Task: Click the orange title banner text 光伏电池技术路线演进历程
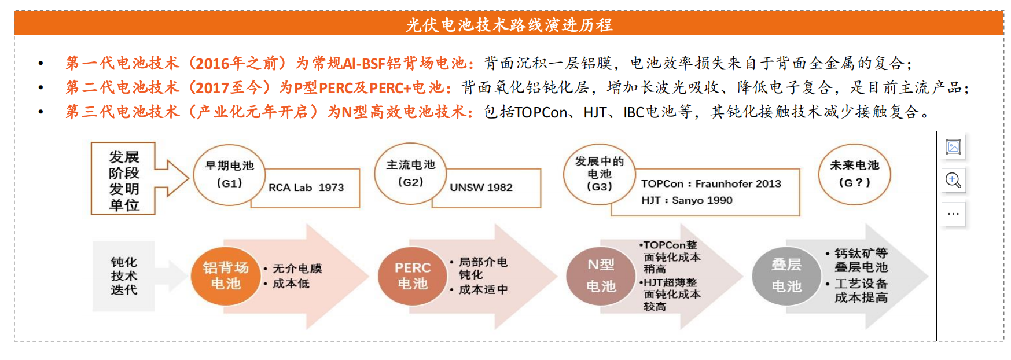pyautogui.click(x=509, y=25)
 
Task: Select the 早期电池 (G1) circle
pyautogui.click(x=229, y=175)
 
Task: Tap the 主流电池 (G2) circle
pyautogui.click(x=410, y=174)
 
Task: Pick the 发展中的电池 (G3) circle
pyautogui.click(x=599, y=174)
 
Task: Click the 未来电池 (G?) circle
pyautogui.click(x=854, y=174)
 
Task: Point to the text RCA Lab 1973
pyautogui.click(x=306, y=188)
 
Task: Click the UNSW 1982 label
pyautogui.click(x=481, y=188)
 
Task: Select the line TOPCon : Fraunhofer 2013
pyautogui.click(x=711, y=183)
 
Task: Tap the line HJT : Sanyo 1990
pyautogui.click(x=686, y=200)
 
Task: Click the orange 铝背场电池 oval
pyautogui.click(x=226, y=276)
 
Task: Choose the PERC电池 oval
pyautogui.click(x=413, y=276)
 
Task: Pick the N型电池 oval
pyautogui.click(x=601, y=275)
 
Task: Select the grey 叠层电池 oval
pyautogui.click(x=786, y=275)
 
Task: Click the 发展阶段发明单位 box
pyautogui.click(x=123, y=179)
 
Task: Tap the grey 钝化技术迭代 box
pyautogui.click(x=124, y=276)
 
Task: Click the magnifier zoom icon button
pyautogui.click(x=953, y=181)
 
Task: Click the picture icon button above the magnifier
pyautogui.click(x=953, y=147)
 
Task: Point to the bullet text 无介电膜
pyautogui.click(x=297, y=269)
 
